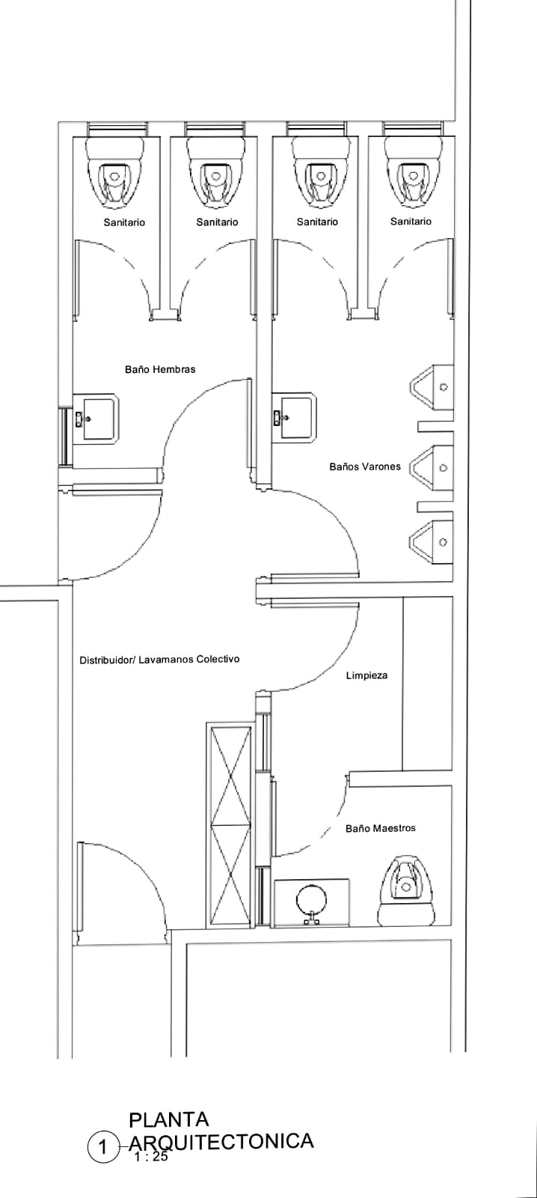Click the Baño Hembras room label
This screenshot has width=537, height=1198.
point(160,369)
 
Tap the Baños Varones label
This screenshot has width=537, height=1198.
point(365,466)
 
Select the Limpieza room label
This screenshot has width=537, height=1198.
point(366,675)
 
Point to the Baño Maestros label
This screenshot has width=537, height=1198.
point(381,828)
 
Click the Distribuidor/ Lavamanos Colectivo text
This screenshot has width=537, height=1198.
point(160,660)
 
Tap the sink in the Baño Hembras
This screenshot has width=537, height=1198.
point(96,419)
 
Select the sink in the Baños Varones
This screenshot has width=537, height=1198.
point(294,418)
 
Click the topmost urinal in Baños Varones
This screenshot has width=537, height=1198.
point(432,387)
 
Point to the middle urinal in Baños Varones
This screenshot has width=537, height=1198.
point(432,468)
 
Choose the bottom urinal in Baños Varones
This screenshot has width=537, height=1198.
point(432,542)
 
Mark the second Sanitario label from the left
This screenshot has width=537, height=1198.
point(217,222)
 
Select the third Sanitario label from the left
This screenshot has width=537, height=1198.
point(317,222)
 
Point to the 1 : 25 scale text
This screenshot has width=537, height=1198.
point(151,1156)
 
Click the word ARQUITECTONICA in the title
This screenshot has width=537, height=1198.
point(221,1141)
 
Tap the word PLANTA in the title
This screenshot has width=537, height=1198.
point(169,1119)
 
